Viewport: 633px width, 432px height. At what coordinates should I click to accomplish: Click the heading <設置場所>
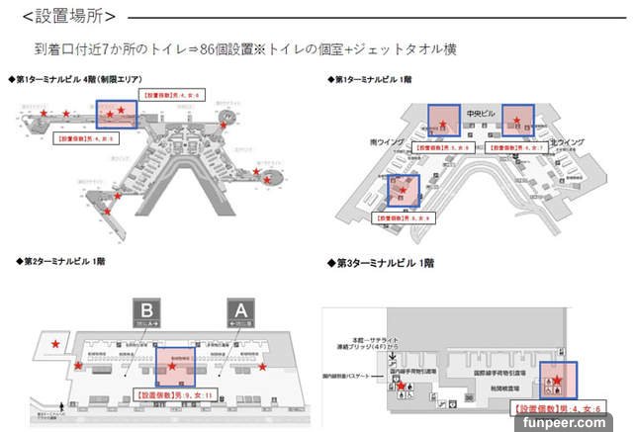(67, 17)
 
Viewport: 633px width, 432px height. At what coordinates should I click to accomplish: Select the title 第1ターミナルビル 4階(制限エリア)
(74, 79)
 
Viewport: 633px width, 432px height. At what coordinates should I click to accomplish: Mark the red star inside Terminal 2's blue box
(174, 367)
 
